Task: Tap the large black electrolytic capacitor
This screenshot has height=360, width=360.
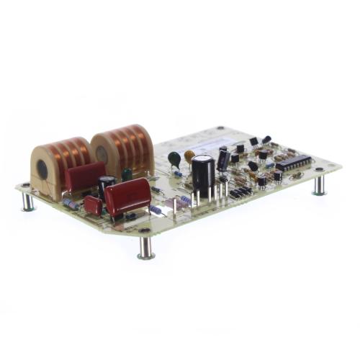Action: pyautogui.click(x=202, y=174)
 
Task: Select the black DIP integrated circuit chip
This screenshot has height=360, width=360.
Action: pyautogui.click(x=293, y=163)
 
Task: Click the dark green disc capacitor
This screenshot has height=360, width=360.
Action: pyautogui.click(x=174, y=158)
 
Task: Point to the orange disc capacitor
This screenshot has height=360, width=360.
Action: pyautogui.click(x=189, y=155)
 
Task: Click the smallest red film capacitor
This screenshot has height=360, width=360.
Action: pyautogui.click(x=93, y=205)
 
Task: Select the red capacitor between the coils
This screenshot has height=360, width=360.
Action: pyautogui.click(x=85, y=176)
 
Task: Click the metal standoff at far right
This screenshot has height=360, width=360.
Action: pyautogui.click(x=319, y=185)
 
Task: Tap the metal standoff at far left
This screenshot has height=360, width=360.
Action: pyautogui.click(x=27, y=200)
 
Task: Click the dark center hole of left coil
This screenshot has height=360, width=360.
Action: pyautogui.click(x=42, y=170)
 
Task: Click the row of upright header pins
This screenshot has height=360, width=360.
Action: pyautogui.click(x=240, y=192)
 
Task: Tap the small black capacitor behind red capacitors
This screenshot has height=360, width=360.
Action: pyautogui.click(x=107, y=185)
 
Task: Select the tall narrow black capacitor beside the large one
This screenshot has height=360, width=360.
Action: pyautogui.click(x=223, y=159)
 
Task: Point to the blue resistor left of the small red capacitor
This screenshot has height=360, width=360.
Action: pyautogui.click(x=71, y=204)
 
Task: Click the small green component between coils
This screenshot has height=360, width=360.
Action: pyautogui.click(x=127, y=174)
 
